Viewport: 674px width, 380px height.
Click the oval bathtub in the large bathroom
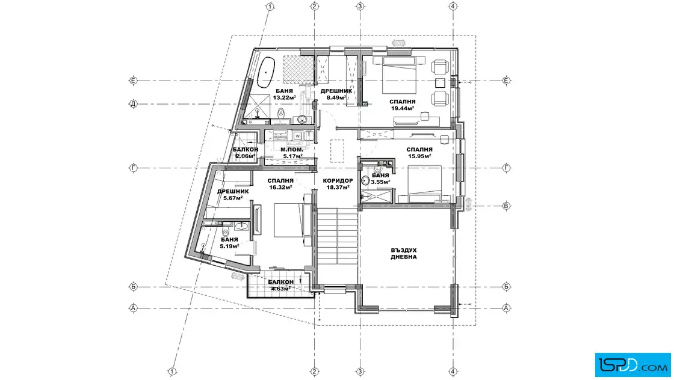pyautogui.click(x=265, y=72)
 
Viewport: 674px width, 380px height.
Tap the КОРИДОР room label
pyautogui.click(x=338, y=181)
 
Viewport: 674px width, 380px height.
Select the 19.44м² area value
pyautogui.click(x=403, y=108)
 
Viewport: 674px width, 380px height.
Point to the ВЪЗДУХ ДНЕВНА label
pyautogui.click(x=404, y=253)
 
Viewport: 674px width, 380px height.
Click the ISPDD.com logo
pyautogui.click(x=632, y=365)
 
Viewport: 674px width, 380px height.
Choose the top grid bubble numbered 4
pyautogui.click(x=453, y=7)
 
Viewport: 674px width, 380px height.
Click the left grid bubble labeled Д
pyautogui.click(x=133, y=104)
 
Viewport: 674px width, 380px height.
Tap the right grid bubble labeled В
pyautogui.click(x=506, y=206)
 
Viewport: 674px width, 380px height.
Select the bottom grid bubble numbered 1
pyautogui.click(x=172, y=372)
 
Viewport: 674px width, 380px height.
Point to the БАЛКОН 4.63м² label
pyautogui.click(x=280, y=285)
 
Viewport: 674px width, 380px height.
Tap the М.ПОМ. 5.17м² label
pyautogui.click(x=292, y=153)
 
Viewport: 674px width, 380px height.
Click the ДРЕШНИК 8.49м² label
pyautogui.click(x=336, y=94)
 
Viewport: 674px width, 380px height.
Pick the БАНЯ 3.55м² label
pyautogui.click(x=380, y=179)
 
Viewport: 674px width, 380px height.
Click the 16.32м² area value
pyautogui.click(x=280, y=187)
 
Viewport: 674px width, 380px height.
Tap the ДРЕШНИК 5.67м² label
pyautogui.click(x=233, y=194)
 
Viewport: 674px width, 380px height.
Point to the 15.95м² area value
pyautogui.click(x=419, y=156)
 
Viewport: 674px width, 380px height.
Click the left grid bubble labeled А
pyautogui.click(x=133, y=308)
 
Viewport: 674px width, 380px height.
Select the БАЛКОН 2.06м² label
pyautogui.click(x=246, y=153)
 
